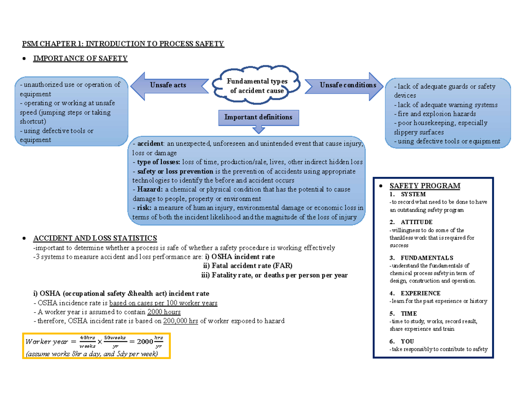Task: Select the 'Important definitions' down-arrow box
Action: click(x=258, y=118)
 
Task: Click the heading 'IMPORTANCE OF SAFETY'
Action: click(x=80, y=58)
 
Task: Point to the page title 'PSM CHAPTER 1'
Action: click(x=123, y=44)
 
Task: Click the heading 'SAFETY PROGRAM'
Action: click(x=425, y=186)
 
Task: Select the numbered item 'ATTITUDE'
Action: click(x=416, y=222)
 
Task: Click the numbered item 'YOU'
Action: click(x=407, y=341)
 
